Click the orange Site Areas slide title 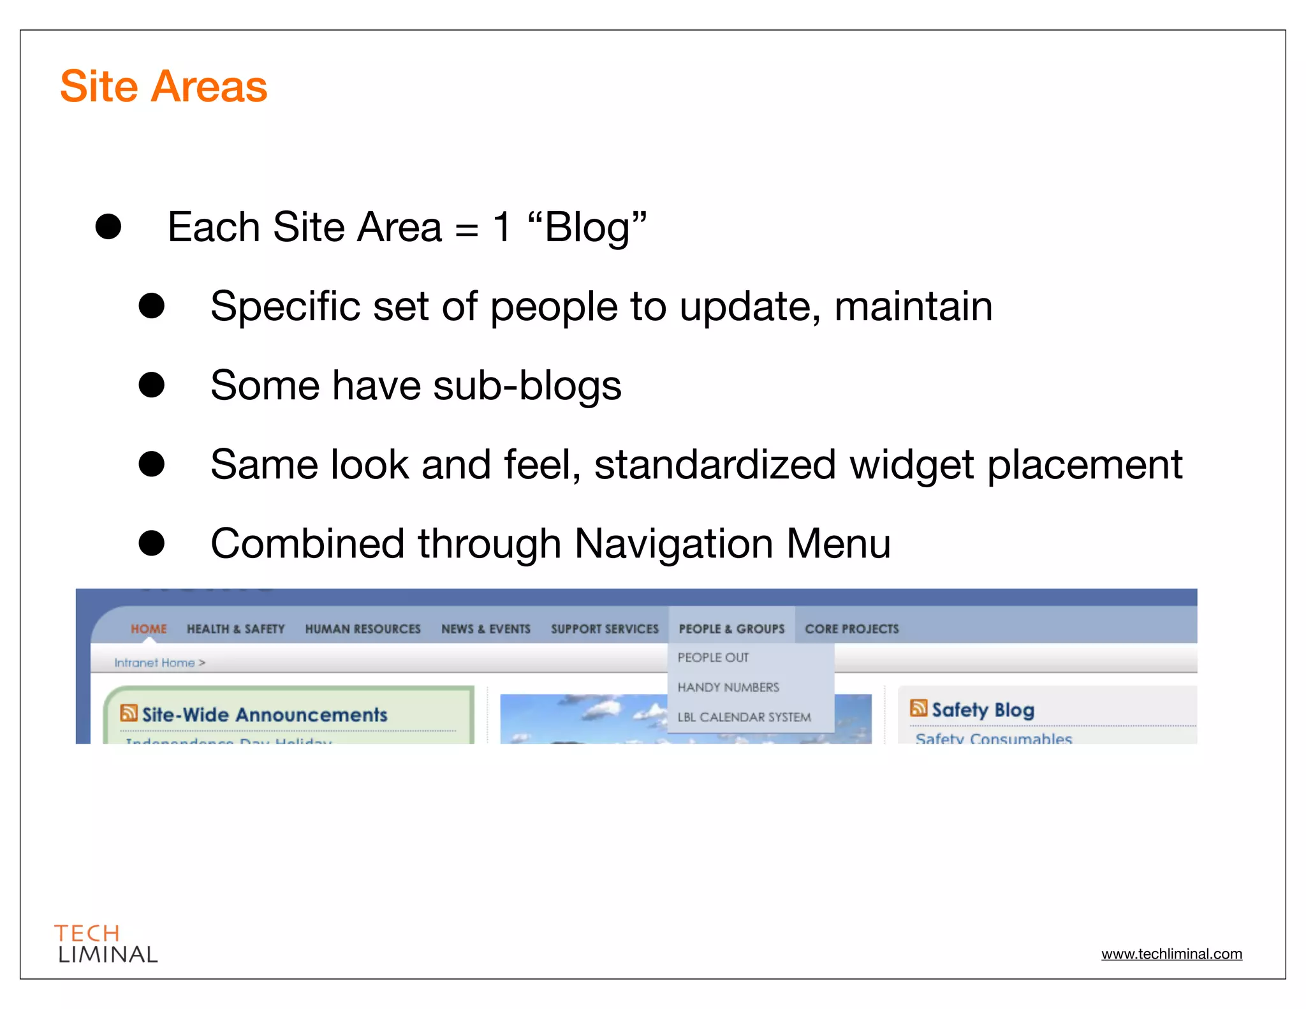pos(163,86)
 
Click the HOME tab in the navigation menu pos(149,629)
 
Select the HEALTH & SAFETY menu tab pos(235,629)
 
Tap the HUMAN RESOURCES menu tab pos(363,629)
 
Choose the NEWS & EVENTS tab pos(485,629)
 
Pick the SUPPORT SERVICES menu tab pos(605,629)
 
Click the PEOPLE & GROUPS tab pos(731,629)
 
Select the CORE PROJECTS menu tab pos(851,629)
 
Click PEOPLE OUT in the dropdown pos(713,658)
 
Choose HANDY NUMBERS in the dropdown pos(728,688)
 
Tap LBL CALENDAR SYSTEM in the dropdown pos(744,718)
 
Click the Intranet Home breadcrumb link pos(154,663)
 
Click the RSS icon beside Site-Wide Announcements pos(129,713)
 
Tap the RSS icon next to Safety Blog pos(918,708)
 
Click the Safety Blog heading pos(983,710)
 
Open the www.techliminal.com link pos(1171,954)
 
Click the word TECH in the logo pos(87,934)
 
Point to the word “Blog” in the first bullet pos(587,228)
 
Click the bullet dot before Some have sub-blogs pos(152,385)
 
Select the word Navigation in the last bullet pos(673,543)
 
